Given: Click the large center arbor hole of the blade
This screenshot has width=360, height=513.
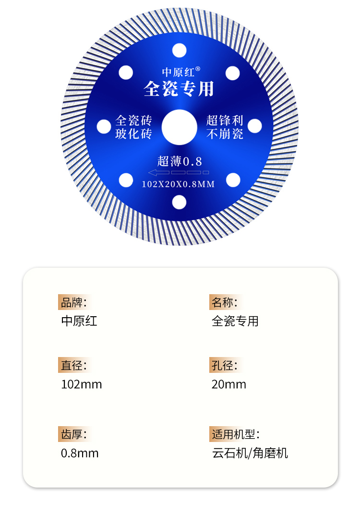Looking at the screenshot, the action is pyautogui.click(x=179, y=127).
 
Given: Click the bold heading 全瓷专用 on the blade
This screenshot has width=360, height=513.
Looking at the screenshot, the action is pyautogui.click(x=179, y=89).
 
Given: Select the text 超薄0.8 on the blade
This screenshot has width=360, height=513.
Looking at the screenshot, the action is pyautogui.click(x=180, y=161).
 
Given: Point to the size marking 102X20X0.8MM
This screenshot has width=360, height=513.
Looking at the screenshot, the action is pyautogui.click(x=178, y=184).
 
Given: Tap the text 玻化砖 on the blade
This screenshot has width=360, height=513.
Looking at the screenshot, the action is pyautogui.click(x=133, y=133).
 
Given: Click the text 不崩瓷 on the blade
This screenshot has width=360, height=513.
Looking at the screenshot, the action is pyautogui.click(x=225, y=133).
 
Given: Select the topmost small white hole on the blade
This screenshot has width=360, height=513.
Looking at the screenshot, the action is pyautogui.click(x=179, y=49).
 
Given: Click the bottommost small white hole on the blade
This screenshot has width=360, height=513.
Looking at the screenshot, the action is pyautogui.click(x=179, y=203).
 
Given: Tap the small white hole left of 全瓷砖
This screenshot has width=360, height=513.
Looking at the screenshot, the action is pyautogui.click(x=103, y=127).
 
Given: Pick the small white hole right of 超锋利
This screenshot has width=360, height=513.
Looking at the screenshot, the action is pyautogui.click(x=255, y=126).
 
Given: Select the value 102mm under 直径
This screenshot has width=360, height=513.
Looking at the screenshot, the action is pyautogui.click(x=82, y=384).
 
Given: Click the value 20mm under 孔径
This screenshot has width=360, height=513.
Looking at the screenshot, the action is pyautogui.click(x=229, y=384).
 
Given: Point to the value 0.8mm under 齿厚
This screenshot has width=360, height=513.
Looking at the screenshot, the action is pyautogui.click(x=80, y=453).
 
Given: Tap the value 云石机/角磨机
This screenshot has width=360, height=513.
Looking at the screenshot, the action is pyautogui.click(x=250, y=453).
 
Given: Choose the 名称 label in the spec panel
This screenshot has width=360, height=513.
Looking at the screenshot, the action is pyautogui.click(x=224, y=302).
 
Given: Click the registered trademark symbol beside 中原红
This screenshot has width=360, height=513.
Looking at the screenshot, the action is pyautogui.click(x=197, y=69).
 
